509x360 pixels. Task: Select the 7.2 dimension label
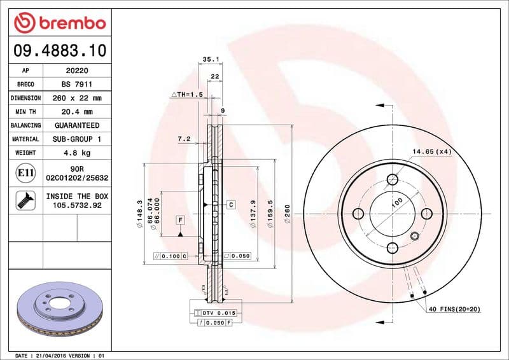point(184,138)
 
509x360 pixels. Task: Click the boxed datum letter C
point(231,204)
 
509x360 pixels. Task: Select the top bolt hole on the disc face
point(393,179)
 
